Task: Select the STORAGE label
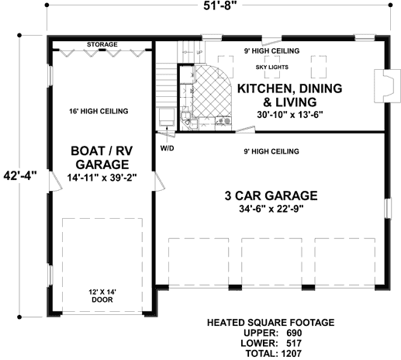pyautogui.click(x=102, y=45)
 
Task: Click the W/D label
pyautogui.click(x=167, y=147)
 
